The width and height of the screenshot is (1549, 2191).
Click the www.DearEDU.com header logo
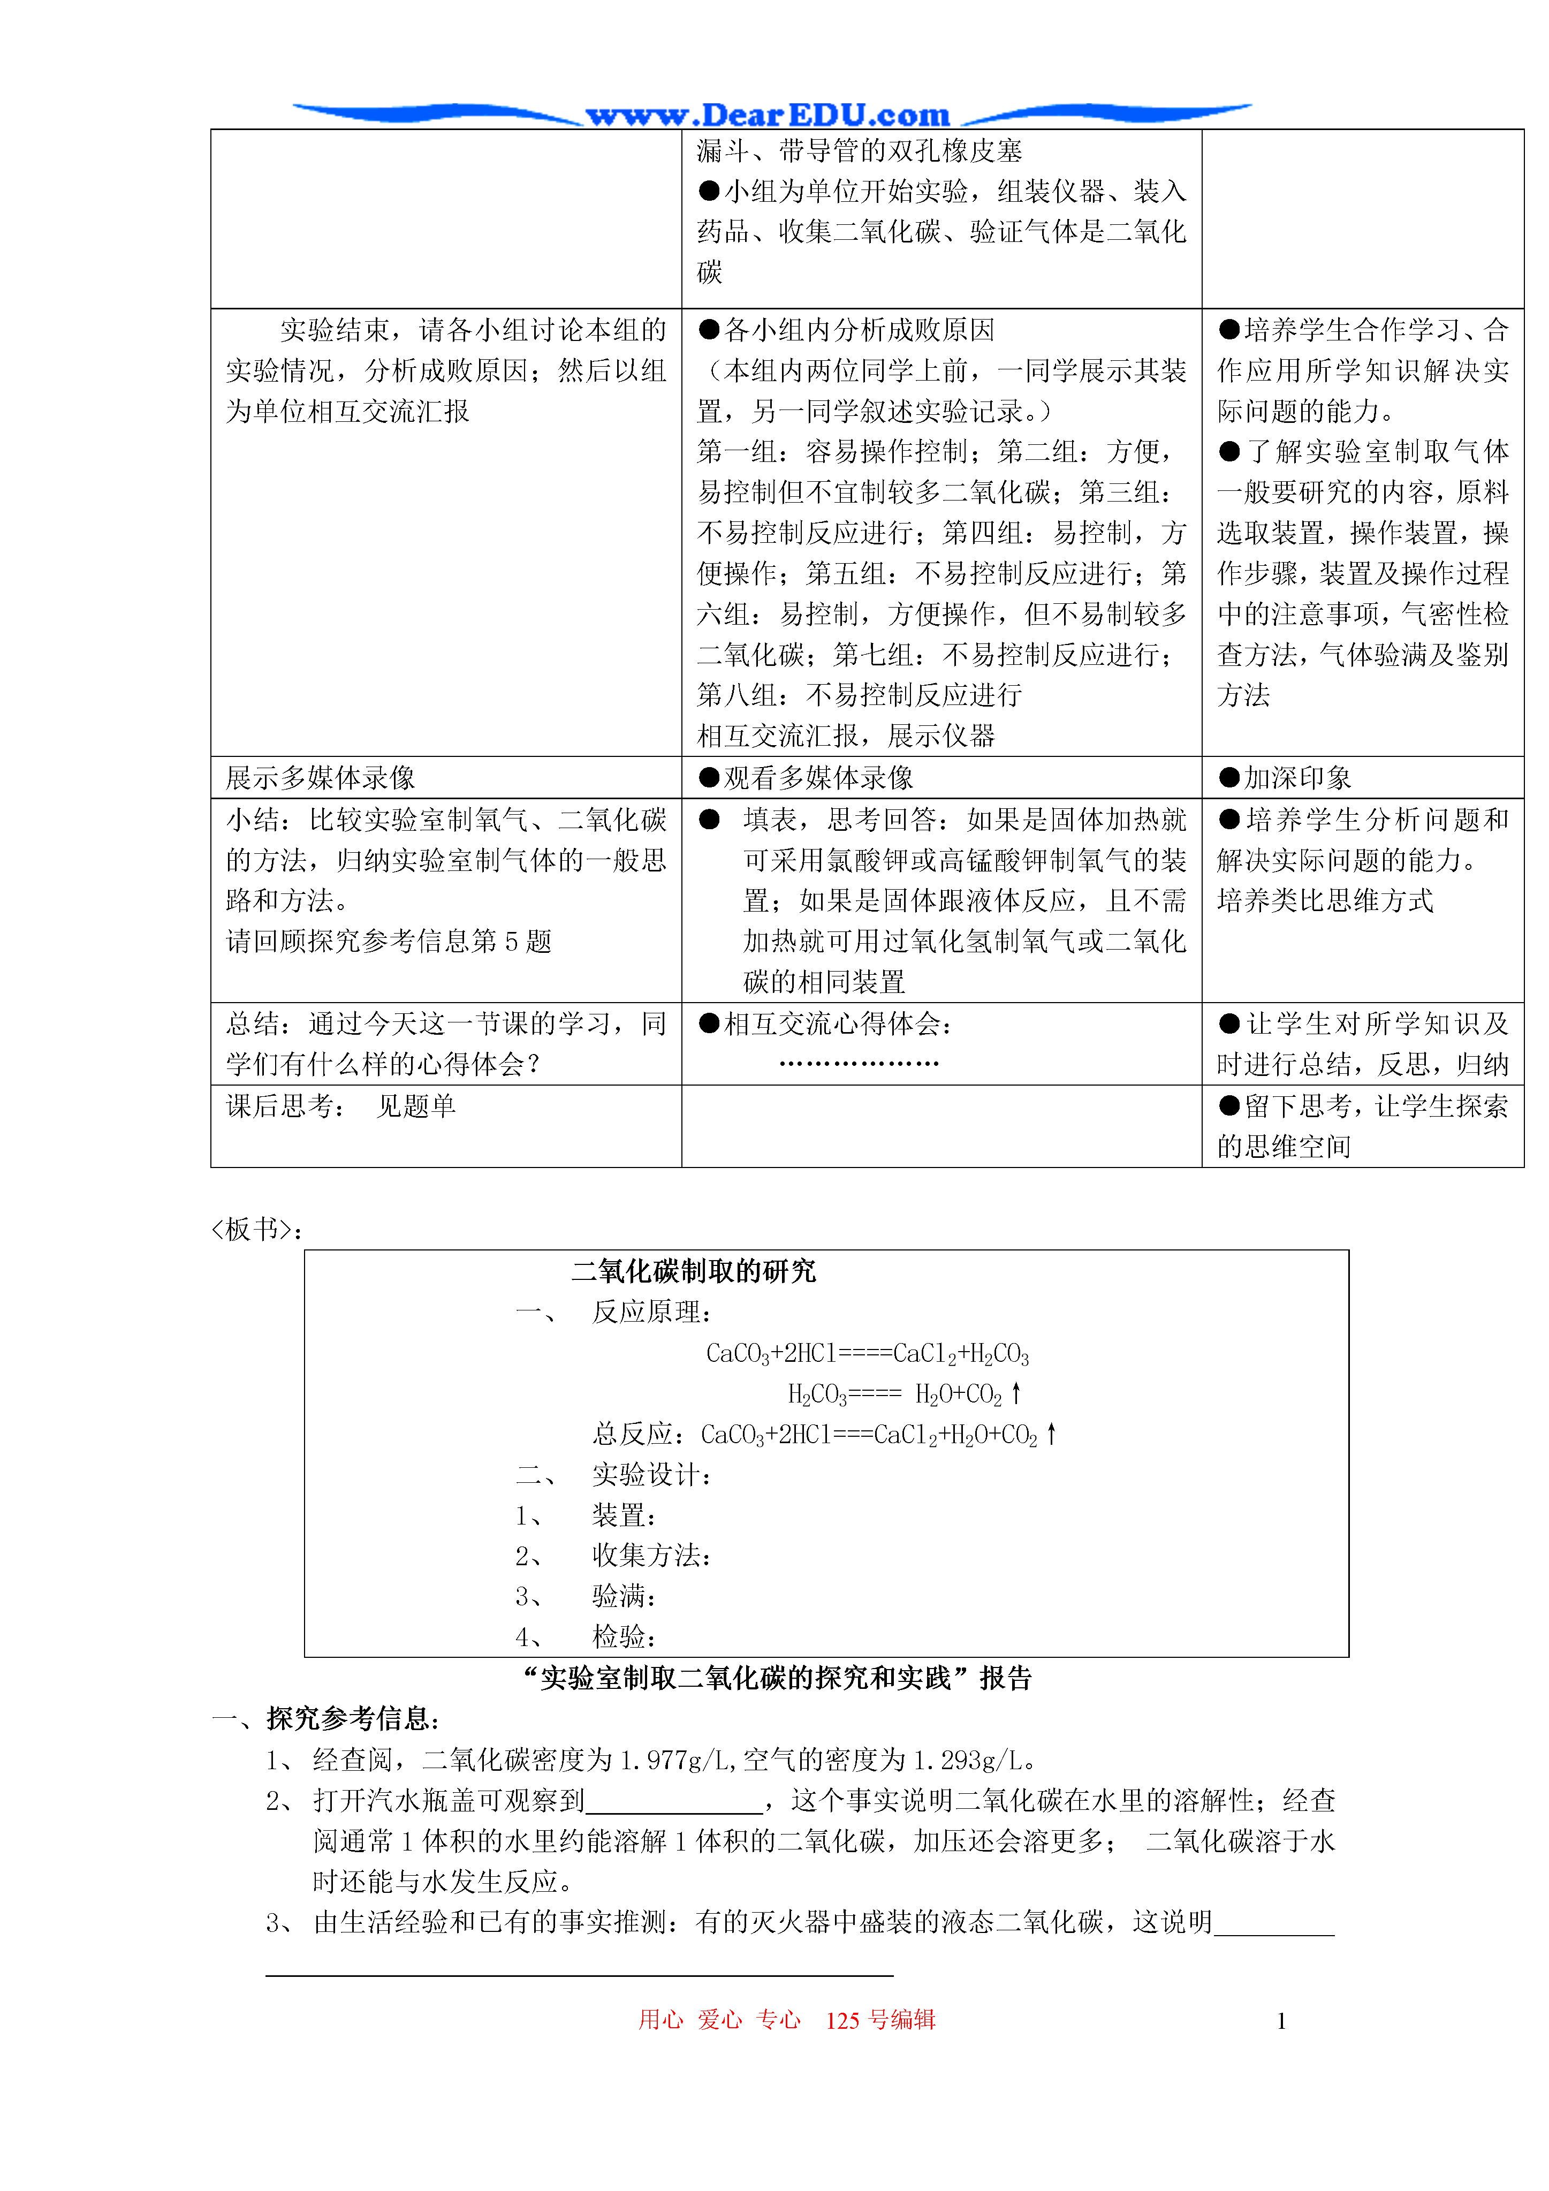pos(768,116)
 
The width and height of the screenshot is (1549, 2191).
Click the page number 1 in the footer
pos(1281,2020)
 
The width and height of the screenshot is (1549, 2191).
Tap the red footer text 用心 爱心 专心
pos(719,2019)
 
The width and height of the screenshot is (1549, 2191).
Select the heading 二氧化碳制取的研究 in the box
pos(694,1271)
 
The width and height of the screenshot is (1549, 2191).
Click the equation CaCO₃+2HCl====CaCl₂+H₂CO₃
pos(867,1353)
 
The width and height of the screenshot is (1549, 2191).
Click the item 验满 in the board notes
pos(624,1596)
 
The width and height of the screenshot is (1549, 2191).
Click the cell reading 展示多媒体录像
pos(321,778)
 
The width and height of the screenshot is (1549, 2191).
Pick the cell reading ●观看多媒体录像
pos(807,778)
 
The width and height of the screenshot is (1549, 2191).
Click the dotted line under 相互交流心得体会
pos(859,1063)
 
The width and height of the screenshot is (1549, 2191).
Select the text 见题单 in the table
pos(416,1106)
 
